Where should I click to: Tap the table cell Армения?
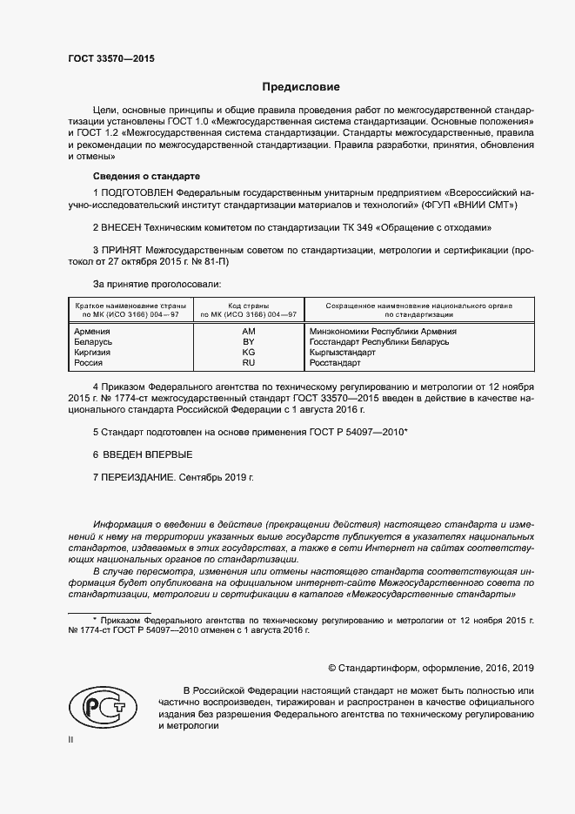pyautogui.click(x=92, y=332)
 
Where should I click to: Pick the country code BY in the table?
pyautogui.click(x=248, y=342)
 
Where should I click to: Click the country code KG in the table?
pyautogui.click(x=248, y=353)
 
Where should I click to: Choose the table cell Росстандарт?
pyautogui.click(x=334, y=363)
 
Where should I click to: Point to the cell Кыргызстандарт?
pyautogui.click(x=343, y=353)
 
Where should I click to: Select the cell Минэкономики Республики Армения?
pyautogui.click(x=383, y=332)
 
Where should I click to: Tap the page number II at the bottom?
pyautogui.click(x=71, y=739)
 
